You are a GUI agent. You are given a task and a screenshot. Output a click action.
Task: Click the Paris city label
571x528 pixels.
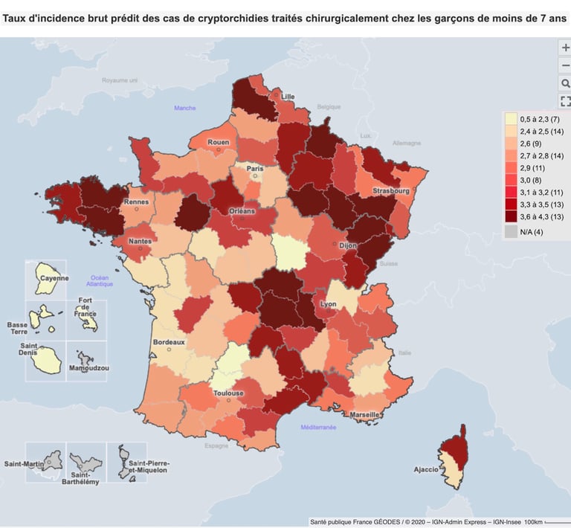[x=255, y=169]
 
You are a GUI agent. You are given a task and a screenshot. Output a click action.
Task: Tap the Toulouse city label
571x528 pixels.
[x=228, y=393]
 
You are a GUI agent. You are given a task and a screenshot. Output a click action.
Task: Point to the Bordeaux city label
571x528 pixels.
[x=168, y=342]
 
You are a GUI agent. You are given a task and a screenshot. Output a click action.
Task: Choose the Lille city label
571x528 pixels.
[x=288, y=96]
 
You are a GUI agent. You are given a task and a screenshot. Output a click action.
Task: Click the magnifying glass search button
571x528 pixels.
[x=565, y=83]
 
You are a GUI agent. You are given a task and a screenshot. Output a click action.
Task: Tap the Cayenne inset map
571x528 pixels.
[x=46, y=279]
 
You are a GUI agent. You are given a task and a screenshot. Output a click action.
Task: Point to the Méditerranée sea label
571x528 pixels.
[x=318, y=428]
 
